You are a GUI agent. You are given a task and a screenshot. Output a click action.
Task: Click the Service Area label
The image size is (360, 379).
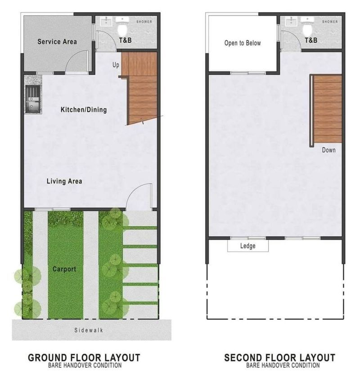click(x=57, y=41)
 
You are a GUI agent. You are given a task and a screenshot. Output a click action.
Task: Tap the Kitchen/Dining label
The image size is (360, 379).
click(x=83, y=110)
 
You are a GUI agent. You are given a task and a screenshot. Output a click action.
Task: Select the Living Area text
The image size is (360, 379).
click(x=64, y=181)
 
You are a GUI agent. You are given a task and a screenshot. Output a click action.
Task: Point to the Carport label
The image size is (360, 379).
click(x=64, y=269)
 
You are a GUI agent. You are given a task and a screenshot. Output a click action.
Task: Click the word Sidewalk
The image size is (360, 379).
click(x=89, y=330)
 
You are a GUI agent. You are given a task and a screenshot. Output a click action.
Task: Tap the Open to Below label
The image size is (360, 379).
click(x=243, y=43)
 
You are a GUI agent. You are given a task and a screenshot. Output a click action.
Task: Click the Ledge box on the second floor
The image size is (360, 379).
click(x=248, y=246)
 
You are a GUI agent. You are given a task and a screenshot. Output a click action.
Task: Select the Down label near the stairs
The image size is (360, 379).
click(x=329, y=150)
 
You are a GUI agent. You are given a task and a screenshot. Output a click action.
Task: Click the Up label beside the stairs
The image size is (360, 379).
click(x=116, y=65)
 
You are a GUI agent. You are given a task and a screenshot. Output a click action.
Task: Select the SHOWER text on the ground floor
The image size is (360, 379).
click(x=144, y=22)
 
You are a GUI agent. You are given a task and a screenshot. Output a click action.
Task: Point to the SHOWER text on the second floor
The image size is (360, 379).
click(x=330, y=22)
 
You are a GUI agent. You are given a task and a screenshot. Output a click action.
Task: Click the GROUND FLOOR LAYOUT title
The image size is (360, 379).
click(x=84, y=357)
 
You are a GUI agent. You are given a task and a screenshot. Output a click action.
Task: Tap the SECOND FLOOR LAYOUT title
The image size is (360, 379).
click(x=280, y=357)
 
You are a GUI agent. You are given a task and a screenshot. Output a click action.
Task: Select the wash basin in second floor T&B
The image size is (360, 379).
click(x=291, y=22)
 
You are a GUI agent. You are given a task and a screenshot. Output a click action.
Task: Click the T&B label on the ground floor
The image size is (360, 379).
click(x=125, y=40)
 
